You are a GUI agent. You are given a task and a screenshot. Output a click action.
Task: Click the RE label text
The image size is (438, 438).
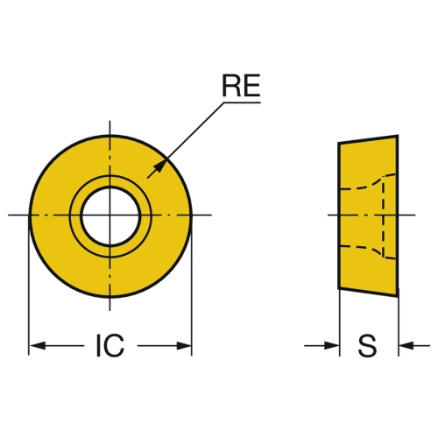(241, 85)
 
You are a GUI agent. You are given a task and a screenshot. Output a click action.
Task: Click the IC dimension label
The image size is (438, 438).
(110, 346)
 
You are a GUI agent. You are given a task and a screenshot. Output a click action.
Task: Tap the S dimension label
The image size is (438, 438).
(367, 346)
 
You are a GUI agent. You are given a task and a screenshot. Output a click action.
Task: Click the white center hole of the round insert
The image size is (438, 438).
(110, 215)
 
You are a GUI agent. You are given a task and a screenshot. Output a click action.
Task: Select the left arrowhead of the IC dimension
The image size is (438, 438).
(38, 346)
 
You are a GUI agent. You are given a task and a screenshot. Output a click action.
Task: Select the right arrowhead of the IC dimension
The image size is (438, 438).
(184, 346)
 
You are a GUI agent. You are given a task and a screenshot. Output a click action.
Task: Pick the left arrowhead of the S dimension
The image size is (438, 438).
(332, 346)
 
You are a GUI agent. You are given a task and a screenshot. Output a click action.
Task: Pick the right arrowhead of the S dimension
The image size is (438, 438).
(406, 346)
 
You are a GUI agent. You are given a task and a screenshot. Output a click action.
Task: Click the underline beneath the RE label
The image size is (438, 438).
(242, 102)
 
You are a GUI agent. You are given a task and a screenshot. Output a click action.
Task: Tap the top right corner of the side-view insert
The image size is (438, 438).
(398, 135)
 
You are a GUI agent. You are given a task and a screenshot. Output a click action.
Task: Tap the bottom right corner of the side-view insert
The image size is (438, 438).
(398, 296)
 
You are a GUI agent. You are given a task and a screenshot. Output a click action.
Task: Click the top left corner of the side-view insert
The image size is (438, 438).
(339, 143)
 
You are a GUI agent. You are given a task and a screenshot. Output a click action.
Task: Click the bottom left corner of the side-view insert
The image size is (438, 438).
(339, 289)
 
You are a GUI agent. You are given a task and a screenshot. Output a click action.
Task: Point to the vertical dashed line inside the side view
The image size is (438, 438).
(383, 217)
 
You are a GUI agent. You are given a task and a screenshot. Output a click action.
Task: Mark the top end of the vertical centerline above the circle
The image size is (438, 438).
(109, 121)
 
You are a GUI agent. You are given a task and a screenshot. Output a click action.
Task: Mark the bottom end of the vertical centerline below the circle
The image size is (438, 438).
(109, 311)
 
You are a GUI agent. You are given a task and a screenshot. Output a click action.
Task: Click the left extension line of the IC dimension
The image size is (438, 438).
(29, 286)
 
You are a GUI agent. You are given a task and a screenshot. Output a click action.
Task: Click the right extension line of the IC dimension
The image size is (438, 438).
(192, 286)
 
